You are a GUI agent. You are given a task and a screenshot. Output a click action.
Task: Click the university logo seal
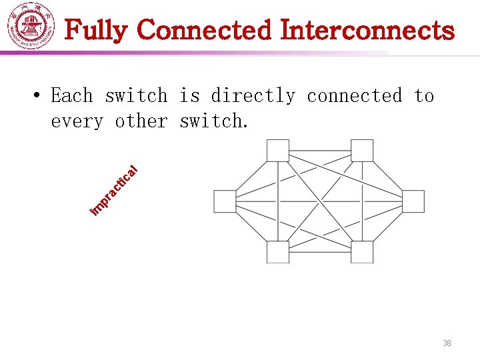tap(31, 28)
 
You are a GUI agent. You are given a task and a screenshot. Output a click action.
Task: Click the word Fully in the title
tap(99, 30)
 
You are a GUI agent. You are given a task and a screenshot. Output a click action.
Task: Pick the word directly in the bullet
tap(253, 96)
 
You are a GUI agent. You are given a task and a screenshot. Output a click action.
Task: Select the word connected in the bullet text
tap(354, 96)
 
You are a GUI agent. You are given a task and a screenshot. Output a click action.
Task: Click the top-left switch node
tap(277, 150)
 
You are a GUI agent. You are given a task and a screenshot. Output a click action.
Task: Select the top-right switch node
tap(362, 150)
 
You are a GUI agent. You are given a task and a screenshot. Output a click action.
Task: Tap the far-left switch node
tap(224, 201)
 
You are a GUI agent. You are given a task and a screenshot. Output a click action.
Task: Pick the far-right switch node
tap(413, 201)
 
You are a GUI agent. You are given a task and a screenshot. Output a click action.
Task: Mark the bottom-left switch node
tap(277, 252)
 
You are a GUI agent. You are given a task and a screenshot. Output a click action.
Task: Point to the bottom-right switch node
tap(362, 252)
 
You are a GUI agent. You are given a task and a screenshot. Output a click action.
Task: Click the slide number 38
tap(447, 343)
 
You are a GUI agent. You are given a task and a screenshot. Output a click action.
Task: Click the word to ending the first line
tap(424, 96)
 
